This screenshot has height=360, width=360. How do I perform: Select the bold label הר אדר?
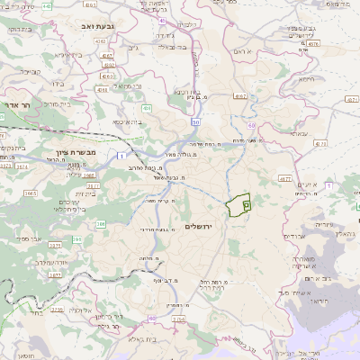pos(17,105)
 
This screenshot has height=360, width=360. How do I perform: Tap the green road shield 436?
pos(145,108)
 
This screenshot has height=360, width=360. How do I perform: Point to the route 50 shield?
pos(195,121)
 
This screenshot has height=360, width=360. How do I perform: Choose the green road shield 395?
pos(101,224)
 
